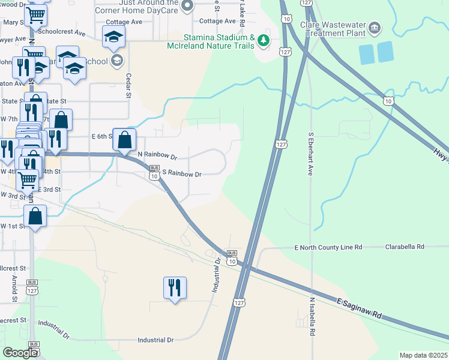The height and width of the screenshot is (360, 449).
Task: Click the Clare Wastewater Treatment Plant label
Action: click(336, 29)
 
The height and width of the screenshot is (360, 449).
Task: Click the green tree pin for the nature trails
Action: click(264, 41)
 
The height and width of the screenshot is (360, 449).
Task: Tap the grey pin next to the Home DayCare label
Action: click(187, 7)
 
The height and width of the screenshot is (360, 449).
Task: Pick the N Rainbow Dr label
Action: click(157, 156)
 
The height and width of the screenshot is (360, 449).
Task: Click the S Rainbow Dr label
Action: click(181, 174)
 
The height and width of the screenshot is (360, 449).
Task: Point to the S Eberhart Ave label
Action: click(311, 154)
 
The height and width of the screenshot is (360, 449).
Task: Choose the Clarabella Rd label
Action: click(405, 247)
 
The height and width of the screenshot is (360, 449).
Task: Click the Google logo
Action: click(20, 352)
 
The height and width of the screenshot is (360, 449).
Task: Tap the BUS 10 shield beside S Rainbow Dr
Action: click(154, 173)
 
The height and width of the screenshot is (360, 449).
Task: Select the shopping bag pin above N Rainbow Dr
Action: click(124, 141)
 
